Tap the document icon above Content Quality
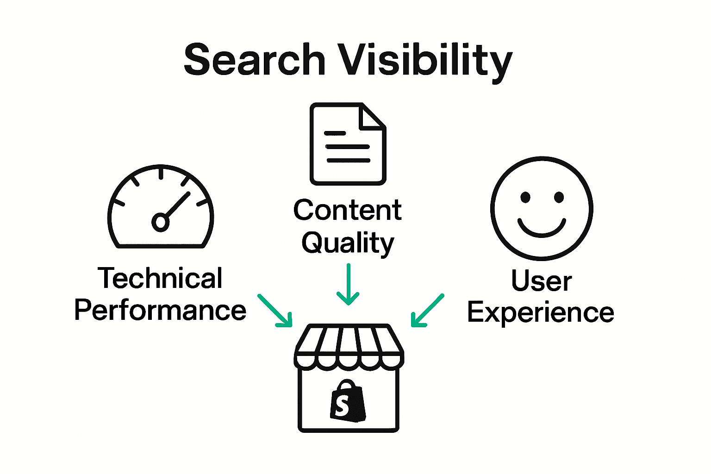(348, 144)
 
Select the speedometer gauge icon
(161, 207)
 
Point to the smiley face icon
(542, 208)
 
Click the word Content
(347, 211)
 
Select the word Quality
(348, 243)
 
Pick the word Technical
(160, 278)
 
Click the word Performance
(160, 310)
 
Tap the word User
(541, 281)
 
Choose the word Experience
(541, 312)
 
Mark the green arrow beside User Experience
(427, 311)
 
